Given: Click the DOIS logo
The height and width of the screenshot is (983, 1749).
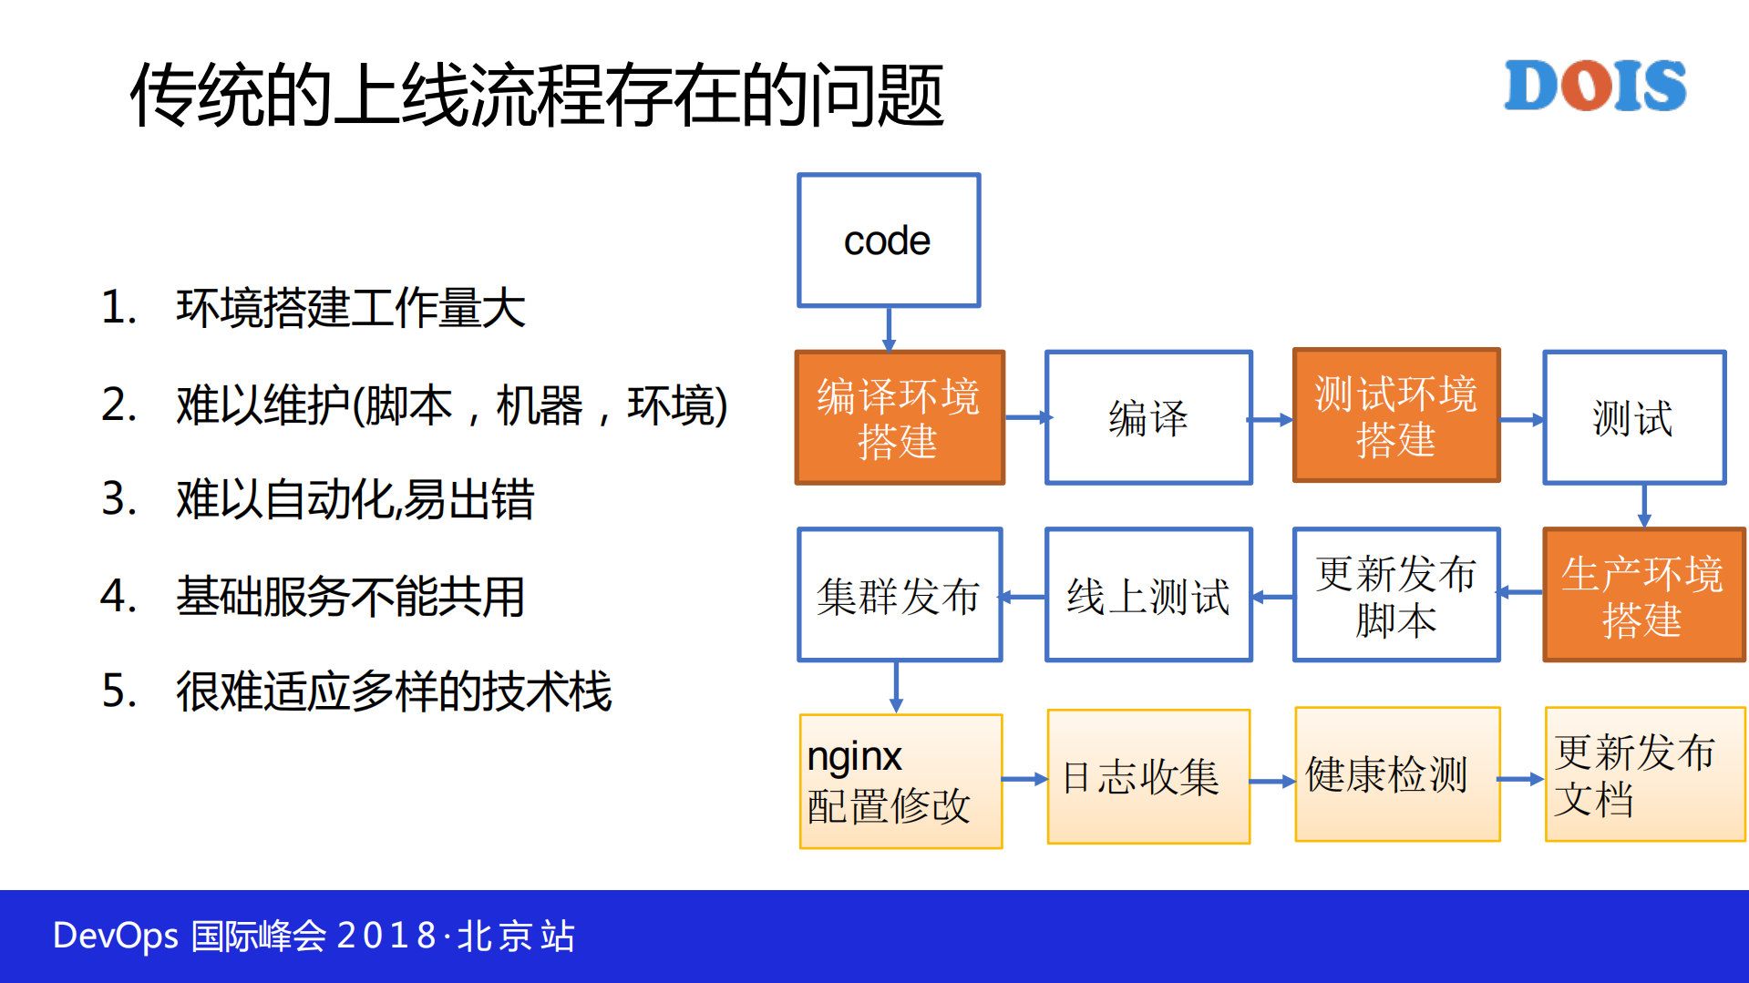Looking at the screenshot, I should (x=1594, y=86).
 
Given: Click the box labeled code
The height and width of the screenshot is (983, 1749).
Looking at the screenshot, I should (x=889, y=241).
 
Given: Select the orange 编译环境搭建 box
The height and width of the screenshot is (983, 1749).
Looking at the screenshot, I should (x=900, y=418).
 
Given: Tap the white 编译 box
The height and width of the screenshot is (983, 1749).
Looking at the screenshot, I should (x=1148, y=418).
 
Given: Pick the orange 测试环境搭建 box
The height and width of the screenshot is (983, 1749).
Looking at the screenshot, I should (x=1395, y=416).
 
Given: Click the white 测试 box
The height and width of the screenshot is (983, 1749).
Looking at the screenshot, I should (x=1633, y=418).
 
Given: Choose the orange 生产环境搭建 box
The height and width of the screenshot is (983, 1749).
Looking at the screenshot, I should (x=1643, y=595).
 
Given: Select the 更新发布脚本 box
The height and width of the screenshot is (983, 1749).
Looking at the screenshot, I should (x=1395, y=595).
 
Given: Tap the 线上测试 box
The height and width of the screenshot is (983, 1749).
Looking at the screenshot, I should (x=1148, y=595).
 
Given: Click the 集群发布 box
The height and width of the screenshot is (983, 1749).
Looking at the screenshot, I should (x=900, y=595).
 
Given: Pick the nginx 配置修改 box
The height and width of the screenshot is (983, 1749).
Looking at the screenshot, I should (x=900, y=781).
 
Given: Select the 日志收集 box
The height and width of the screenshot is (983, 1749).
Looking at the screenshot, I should (x=1148, y=777).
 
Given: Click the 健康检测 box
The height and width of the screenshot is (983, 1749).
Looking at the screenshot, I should (x=1396, y=774).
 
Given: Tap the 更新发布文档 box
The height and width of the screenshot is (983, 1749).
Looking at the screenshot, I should (x=1644, y=774).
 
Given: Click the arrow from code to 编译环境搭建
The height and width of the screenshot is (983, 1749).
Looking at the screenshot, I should (x=889, y=329).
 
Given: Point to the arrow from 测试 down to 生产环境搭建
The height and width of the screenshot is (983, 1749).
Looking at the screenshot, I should (x=1644, y=506).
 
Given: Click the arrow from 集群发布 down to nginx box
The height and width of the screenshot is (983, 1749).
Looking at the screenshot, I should (x=896, y=686).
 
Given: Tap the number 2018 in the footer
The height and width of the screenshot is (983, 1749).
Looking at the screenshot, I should (x=386, y=936).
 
